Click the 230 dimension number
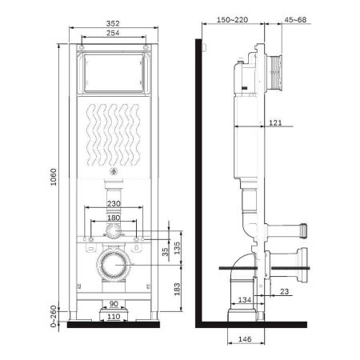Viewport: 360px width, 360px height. (113, 204)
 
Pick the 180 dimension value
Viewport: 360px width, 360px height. (113, 217)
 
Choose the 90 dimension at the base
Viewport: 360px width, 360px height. (113, 304)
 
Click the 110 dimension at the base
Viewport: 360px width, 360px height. (113, 316)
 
